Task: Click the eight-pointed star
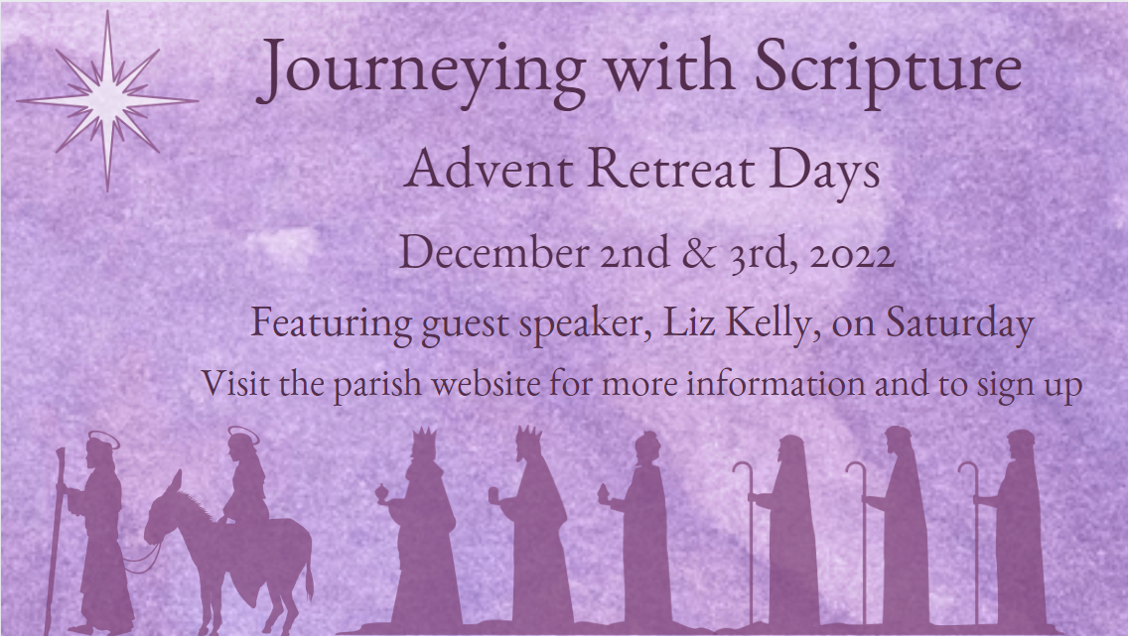point(108,100)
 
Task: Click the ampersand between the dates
point(697,252)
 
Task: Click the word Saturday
point(959,322)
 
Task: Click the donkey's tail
point(309,578)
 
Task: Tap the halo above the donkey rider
point(242,434)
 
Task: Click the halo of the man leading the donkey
point(103,439)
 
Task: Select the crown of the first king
point(424,437)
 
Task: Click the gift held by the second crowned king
point(493,494)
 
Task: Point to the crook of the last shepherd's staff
point(968,471)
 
